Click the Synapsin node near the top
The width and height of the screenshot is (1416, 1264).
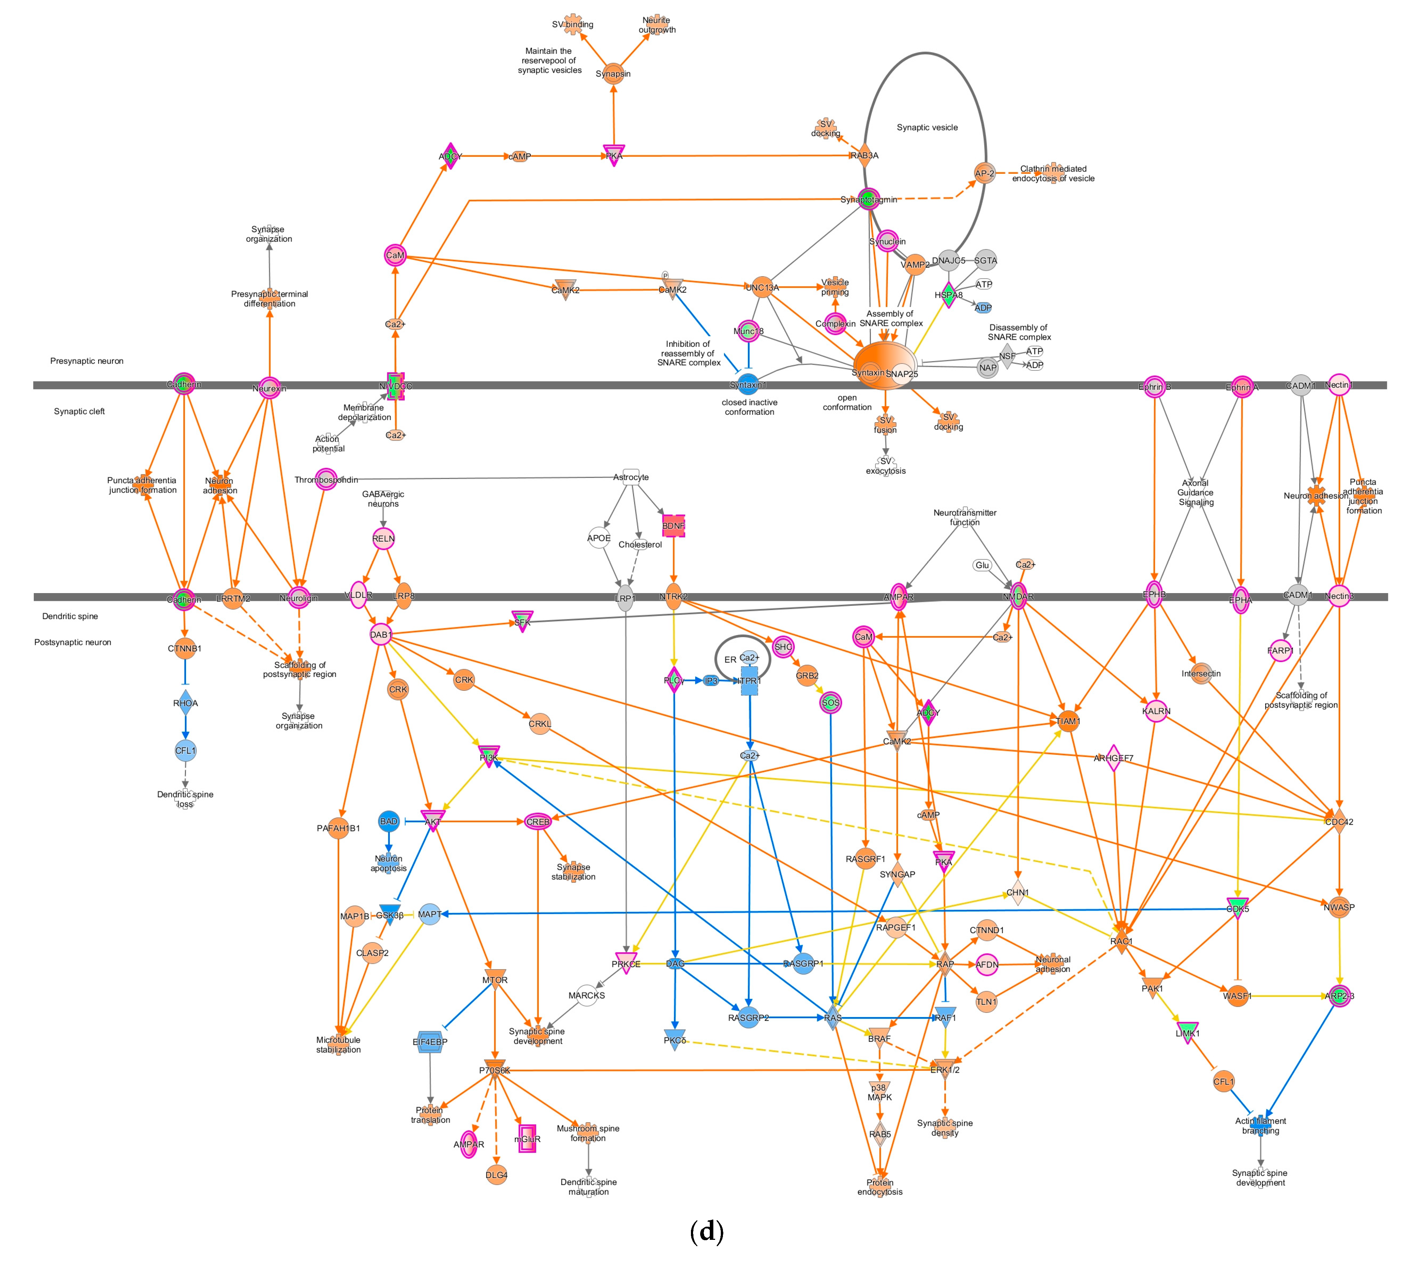(x=612, y=74)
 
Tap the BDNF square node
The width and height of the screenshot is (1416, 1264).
(x=672, y=526)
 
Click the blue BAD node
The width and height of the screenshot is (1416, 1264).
(x=388, y=822)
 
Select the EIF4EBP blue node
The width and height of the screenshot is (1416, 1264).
(x=430, y=1042)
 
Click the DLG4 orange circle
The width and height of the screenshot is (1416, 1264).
(x=496, y=1175)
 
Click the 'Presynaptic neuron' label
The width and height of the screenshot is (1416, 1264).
(x=87, y=361)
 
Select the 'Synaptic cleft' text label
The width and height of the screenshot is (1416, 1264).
(x=79, y=411)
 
